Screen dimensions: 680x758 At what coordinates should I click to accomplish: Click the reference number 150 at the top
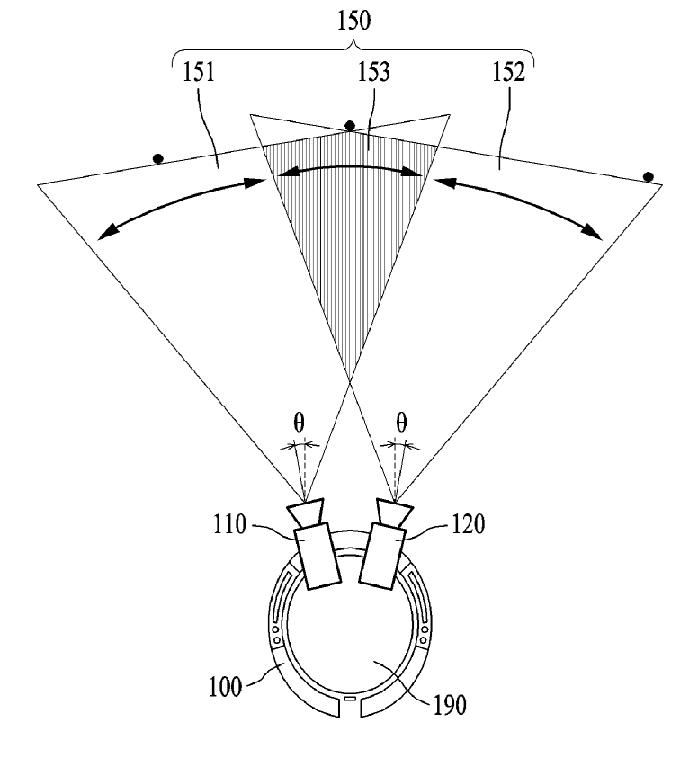pos(354,22)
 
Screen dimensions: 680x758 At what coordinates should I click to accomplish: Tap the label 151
pos(198,73)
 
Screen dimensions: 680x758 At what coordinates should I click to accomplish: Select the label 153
pos(374,73)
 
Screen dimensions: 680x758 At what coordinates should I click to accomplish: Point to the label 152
pos(509,73)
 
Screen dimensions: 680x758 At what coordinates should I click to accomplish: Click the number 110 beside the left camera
pos(229,524)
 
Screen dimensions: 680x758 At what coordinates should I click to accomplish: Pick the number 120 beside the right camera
pos(468,524)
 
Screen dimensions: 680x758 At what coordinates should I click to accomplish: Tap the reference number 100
pos(225,686)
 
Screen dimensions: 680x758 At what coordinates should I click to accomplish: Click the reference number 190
pos(450,705)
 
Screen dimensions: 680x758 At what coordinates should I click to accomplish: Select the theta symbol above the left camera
pos(300,423)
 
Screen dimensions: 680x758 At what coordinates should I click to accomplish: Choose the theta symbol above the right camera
pos(401,423)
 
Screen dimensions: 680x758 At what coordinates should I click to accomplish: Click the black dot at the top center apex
pos(350,126)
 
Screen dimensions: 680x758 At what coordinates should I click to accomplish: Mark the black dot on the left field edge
pos(157,158)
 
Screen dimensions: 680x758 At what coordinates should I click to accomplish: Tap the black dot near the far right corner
pos(649,177)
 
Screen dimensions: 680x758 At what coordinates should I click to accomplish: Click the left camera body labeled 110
pos(318,556)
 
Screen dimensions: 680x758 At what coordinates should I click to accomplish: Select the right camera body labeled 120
pos(382,556)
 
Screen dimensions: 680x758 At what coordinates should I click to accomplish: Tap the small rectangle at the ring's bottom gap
pos(349,699)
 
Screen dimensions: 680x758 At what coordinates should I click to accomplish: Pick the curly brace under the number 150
pos(353,49)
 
